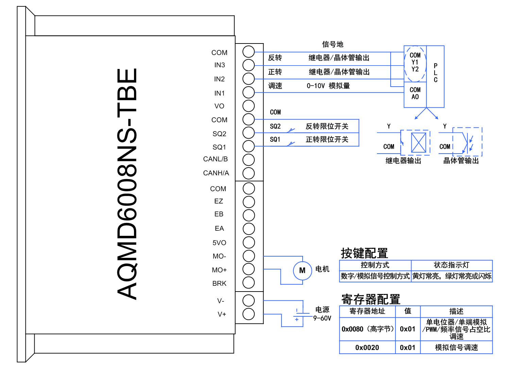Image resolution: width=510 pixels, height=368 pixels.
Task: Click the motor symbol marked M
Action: [302, 270]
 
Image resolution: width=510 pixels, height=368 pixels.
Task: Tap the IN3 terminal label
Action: [219, 65]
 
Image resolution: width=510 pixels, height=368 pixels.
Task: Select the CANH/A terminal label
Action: [216, 173]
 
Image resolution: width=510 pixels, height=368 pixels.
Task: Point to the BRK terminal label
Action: [219, 283]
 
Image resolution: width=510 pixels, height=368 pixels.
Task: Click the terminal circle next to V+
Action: [249, 314]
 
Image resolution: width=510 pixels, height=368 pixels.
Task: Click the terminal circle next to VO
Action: [249, 106]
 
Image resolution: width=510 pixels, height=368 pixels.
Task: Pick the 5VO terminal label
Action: [219, 243]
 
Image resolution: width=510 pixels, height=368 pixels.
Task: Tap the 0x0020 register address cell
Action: [367, 347]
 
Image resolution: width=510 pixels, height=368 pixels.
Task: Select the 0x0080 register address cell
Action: [368, 329]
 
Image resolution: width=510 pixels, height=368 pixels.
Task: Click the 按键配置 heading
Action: [364, 253]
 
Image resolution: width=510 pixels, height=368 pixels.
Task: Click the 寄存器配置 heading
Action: [371, 299]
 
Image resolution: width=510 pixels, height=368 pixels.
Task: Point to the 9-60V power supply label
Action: [322, 318]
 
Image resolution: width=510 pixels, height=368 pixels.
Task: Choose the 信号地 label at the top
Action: [333, 44]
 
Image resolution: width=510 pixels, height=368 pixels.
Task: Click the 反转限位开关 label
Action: [327, 126]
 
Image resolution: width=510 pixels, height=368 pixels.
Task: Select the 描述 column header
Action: [456, 311]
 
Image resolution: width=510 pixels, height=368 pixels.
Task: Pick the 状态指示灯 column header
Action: [451, 265]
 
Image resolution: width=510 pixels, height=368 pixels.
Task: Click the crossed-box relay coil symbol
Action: [419, 143]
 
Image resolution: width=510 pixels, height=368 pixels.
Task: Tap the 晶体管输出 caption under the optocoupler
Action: [461, 161]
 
